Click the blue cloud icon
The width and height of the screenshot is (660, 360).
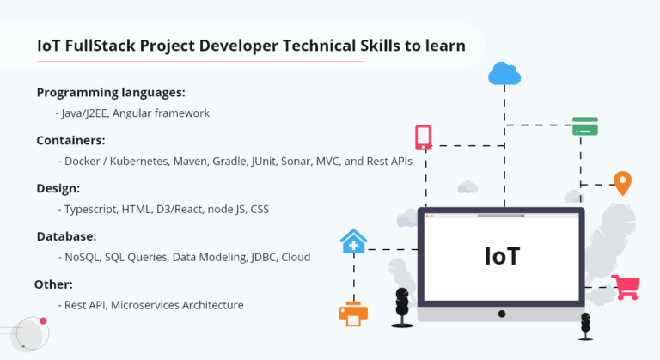504,74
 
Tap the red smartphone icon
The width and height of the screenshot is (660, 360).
423,137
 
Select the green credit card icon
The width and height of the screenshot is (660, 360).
585,125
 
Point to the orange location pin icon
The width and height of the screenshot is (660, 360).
622,183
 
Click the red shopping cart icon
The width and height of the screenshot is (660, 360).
626,286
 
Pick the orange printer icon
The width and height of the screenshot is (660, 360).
353,313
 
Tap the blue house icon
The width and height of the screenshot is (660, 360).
353,242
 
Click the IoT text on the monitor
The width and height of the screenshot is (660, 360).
501,255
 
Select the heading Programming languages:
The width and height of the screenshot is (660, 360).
111,92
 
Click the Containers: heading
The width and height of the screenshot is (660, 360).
70,140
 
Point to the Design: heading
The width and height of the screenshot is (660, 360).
58,188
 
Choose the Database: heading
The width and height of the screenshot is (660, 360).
66,236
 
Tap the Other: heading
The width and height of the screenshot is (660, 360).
53,284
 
